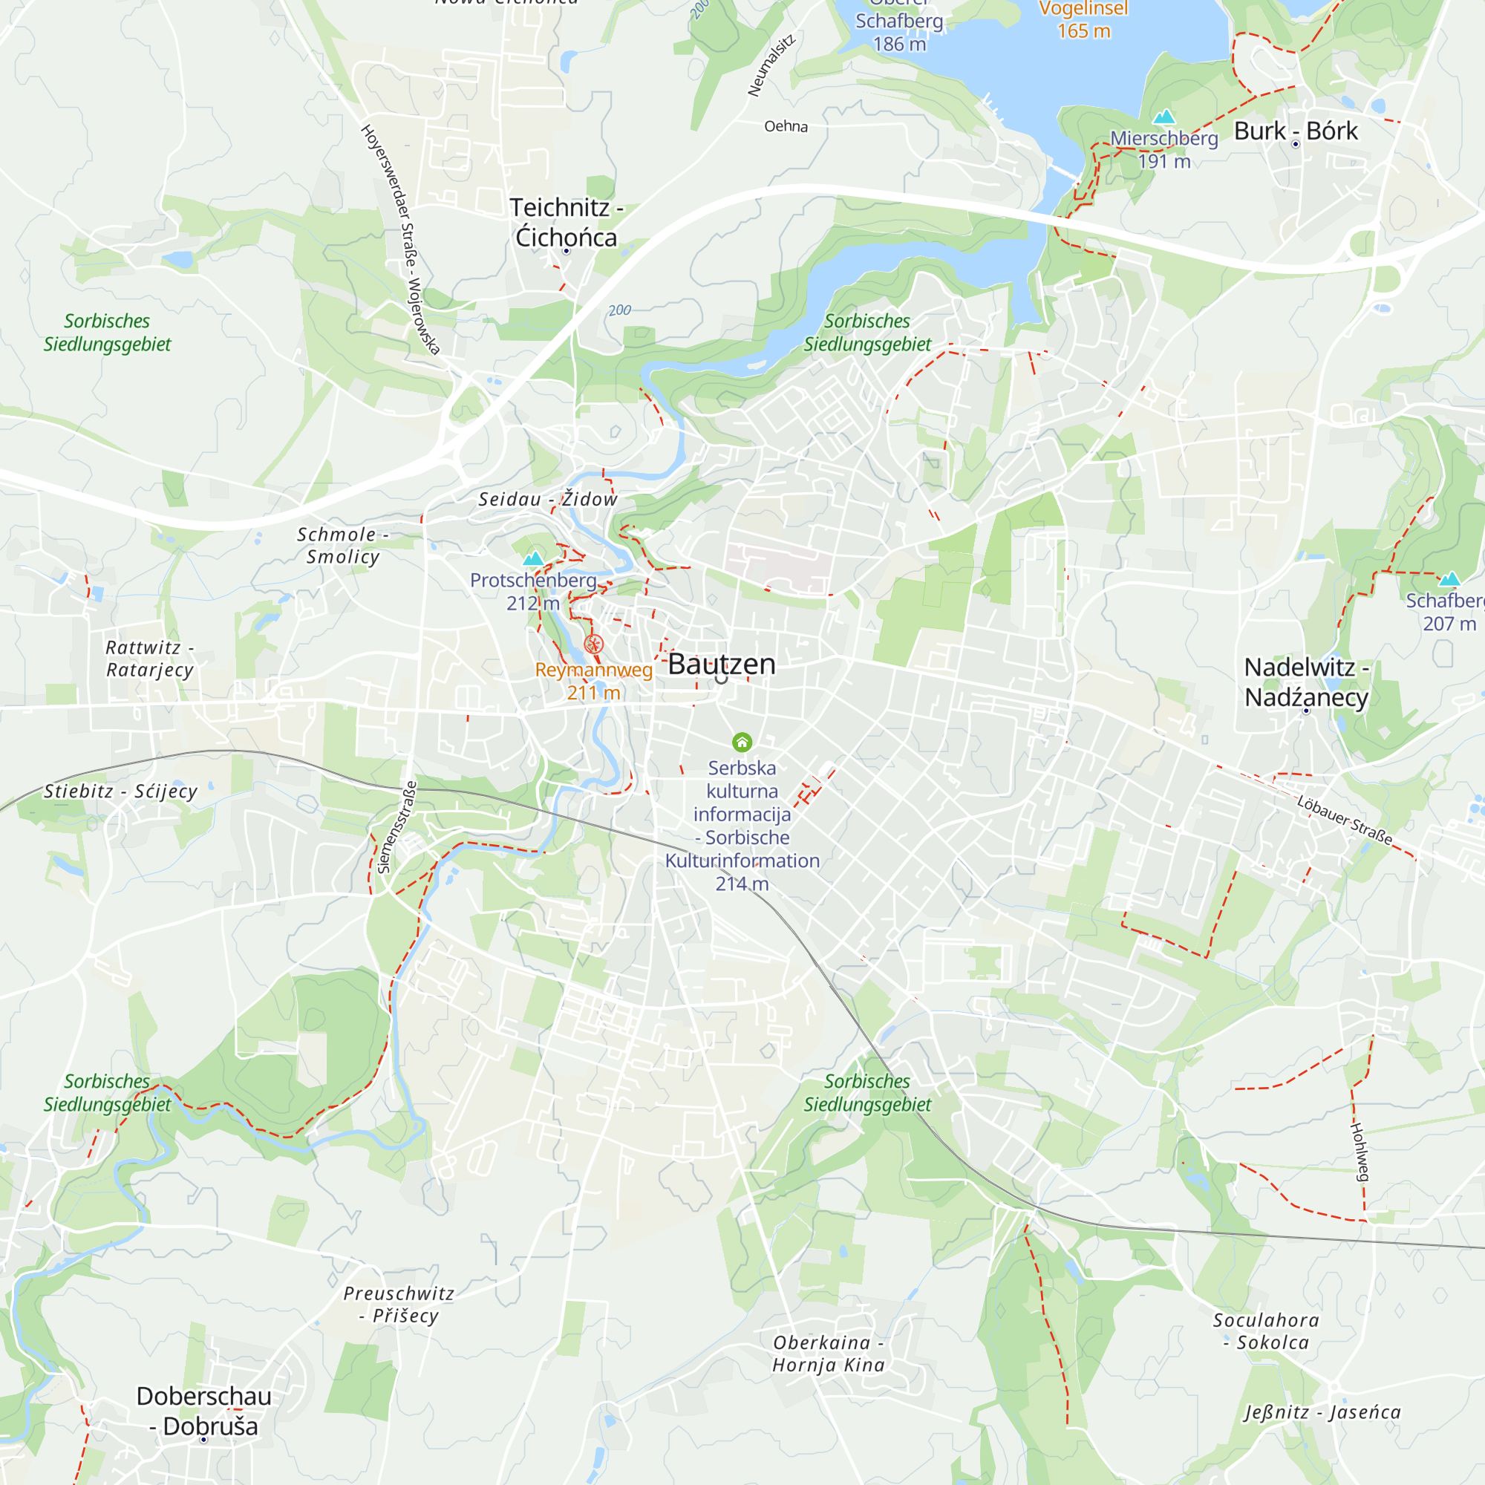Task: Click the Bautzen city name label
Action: [x=721, y=664]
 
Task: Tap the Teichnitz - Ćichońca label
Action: [x=567, y=222]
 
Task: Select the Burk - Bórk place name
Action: [x=1295, y=131]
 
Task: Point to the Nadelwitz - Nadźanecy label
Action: [x=1306, y=682]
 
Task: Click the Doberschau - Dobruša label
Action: [x=203, y=1411]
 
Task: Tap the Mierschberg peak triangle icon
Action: [x=1164, y=117]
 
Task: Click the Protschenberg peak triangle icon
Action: [x=532, y=558]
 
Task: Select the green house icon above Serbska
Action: [x=742, y=742]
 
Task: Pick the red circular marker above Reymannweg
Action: [x=593, y=644]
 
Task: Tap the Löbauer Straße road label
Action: [x=1345, y=820]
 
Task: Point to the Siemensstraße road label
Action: [x=397, y=827]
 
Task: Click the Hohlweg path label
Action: [x=1360, y=1152]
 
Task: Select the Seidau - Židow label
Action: [x=548, y=500]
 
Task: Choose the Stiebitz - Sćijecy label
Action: [x=121, y=791]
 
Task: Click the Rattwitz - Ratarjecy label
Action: [x=150, y=659]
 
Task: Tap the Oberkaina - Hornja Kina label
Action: [x=829, y=1353]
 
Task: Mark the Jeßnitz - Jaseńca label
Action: [x=1322, y=1412]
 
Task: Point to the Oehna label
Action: [x=786, y=126]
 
